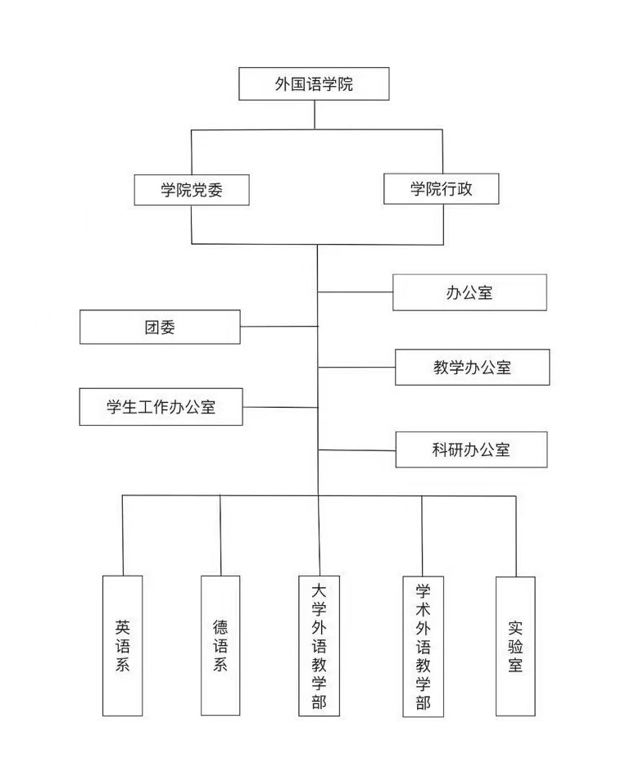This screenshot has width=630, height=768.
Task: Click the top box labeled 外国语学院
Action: (x=314, y=84)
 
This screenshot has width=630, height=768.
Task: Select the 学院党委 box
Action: (x=192, y=190)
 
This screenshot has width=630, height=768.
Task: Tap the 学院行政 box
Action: (x=442, y=188)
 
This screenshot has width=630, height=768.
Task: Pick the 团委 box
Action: (x=160, y=327)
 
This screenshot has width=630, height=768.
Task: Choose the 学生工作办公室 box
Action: (x=161, y=407)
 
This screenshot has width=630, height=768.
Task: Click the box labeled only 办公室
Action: (x=469, y=292)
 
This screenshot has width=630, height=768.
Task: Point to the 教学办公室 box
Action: (x=472, y=367)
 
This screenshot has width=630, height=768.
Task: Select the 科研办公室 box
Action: (x=471, y=450)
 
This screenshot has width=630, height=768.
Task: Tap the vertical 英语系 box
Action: (x=123, y=645)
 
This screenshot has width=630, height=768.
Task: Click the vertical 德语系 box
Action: (x=220, y=645)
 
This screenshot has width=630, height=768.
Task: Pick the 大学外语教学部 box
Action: (x=320, y=646)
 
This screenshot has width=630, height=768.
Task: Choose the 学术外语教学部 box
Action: (x=423, y=647)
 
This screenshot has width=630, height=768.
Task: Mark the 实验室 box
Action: (x=515, y=646)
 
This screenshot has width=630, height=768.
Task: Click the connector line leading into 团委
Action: (x=279, y=326)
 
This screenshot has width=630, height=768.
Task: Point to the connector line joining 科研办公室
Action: (x=357, y=450)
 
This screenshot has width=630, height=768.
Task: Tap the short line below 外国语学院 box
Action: (x=315, y=115)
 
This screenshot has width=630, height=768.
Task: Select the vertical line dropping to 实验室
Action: (x=516, y=535)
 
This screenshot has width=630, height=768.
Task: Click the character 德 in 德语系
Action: (x=220, y=627)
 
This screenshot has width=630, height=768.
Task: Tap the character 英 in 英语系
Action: (x=123, y=627)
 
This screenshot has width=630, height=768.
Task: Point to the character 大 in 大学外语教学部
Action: (x=320, y=590)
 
